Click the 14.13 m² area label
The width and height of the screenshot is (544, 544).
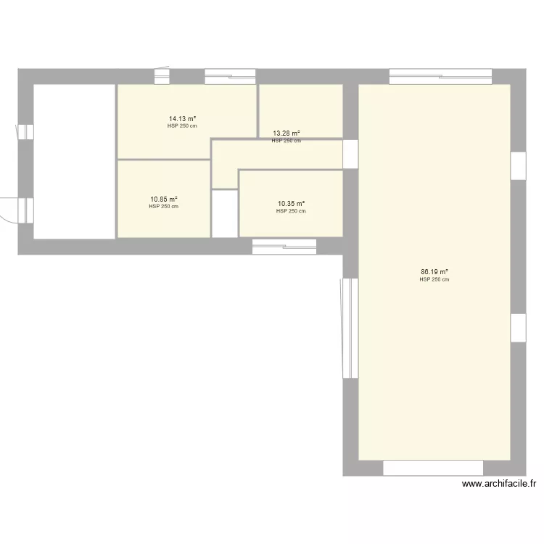[183, 118]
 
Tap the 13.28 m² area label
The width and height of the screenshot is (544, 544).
[287, 133]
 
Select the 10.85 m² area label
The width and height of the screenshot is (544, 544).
[164, 199]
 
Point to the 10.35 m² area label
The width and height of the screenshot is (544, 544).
[291, 205]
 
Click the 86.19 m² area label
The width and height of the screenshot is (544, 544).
[434, 272]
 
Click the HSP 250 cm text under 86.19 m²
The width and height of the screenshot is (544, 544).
[434, 279]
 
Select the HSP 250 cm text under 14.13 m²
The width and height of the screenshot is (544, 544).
[182, 125]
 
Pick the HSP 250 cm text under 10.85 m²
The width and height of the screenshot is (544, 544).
[164, 207]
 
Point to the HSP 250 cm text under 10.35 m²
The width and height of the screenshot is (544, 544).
[291, 212]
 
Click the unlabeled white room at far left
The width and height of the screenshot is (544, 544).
[74, 161]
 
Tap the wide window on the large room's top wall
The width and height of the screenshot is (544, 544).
[440, 76]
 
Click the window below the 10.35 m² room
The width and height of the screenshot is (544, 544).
[284, 246]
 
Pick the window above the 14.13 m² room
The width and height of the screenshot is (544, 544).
[230, 76]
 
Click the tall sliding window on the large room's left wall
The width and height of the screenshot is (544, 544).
[350, 328]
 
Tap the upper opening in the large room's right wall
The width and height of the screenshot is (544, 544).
[518, 165]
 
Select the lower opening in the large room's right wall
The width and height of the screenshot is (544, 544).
[518, 328]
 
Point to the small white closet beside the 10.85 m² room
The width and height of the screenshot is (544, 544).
[224, 213]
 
